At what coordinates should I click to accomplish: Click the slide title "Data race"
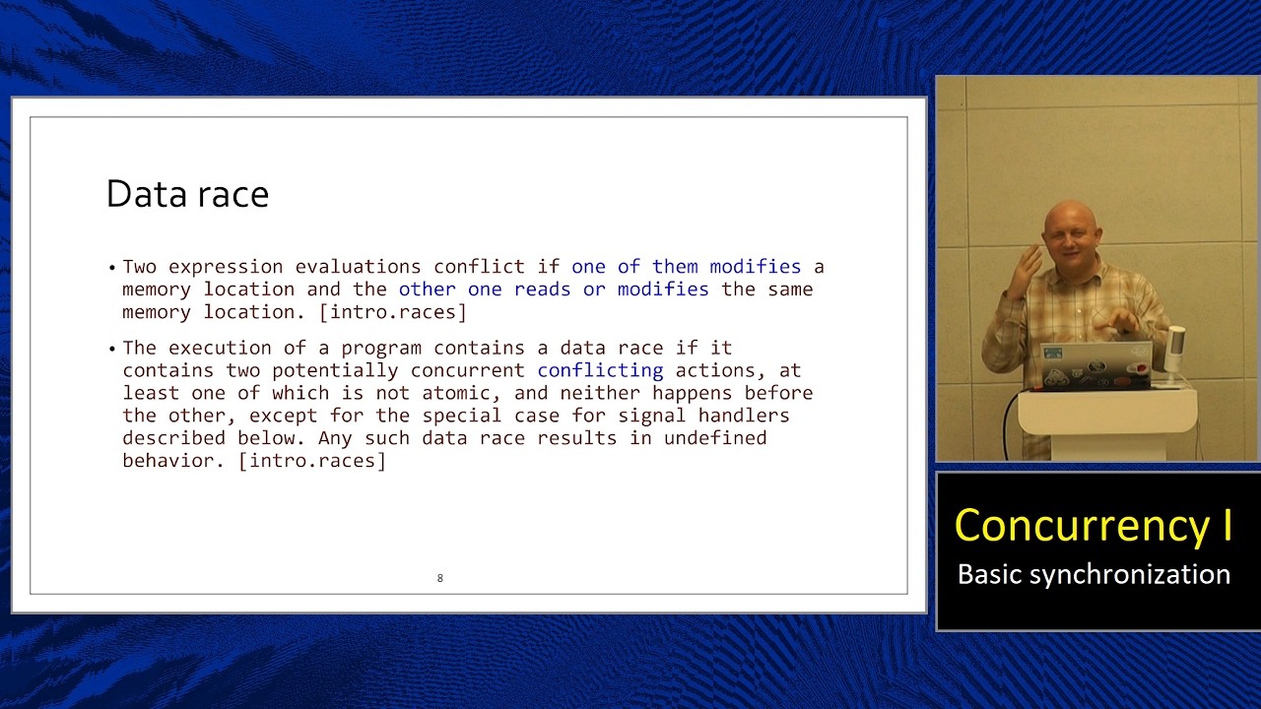coord(187,194)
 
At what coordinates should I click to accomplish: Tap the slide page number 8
coord(440,578)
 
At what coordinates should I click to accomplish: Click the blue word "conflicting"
coord(600,370)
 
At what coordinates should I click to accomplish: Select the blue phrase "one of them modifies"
coord(686,267)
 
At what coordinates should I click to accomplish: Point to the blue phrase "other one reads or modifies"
coord(553,290)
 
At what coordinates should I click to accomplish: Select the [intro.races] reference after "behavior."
coord(312,461)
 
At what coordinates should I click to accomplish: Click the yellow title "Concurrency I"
coord(1094,525)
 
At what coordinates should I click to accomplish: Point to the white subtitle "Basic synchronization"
coord(1094,574)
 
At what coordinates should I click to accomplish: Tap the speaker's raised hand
coord(1029,264)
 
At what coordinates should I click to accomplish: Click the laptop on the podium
coord(1095,364)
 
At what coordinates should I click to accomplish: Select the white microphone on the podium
coord(1174,350)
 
